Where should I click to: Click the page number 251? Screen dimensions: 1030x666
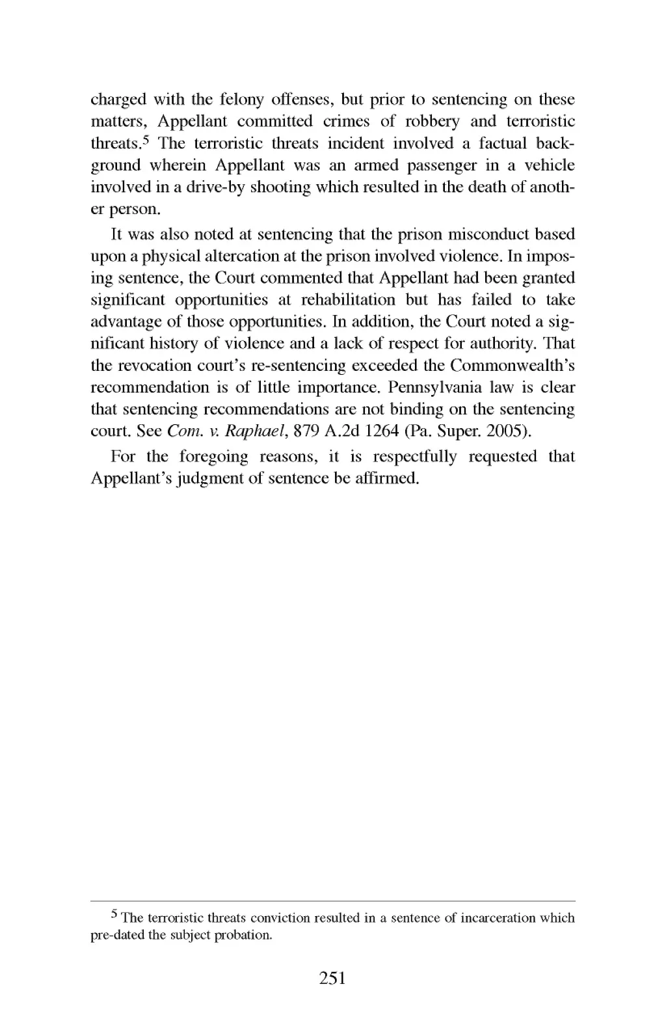332,977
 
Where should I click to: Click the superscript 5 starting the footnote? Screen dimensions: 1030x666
114,915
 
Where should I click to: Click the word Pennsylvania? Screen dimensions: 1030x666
433,388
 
